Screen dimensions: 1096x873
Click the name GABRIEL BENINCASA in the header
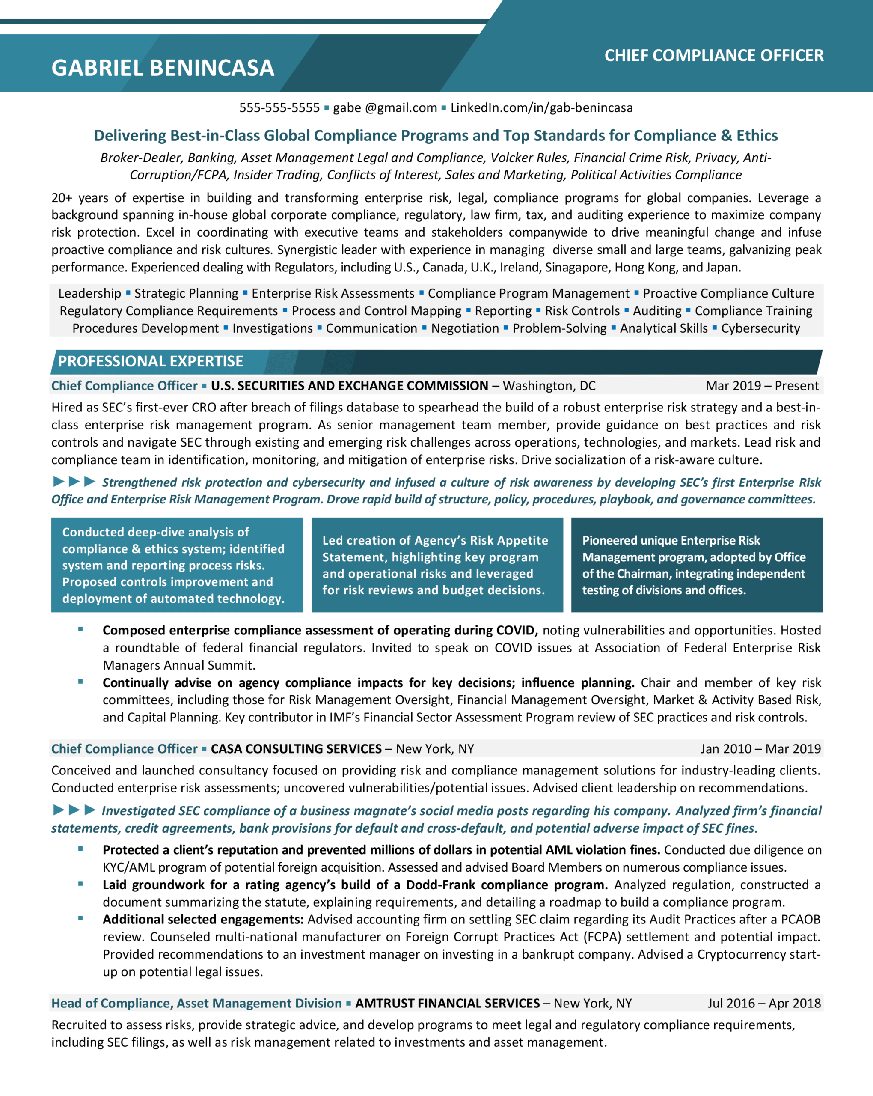point(163,68)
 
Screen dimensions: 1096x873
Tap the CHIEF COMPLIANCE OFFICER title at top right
point(713,55)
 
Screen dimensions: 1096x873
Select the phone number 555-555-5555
point(279,108)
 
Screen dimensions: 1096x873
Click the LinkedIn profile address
point(541,108)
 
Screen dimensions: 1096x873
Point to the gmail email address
point(385,108)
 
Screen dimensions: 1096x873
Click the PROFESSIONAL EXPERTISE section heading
point(150,361)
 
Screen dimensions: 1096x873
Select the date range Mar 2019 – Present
point(762,386)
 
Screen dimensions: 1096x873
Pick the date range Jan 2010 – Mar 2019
point(760,749)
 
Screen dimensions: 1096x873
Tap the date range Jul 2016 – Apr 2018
point(764,1003)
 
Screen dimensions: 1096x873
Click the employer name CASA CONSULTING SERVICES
point(296,749)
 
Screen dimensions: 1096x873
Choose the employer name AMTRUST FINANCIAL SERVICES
point(447,1003)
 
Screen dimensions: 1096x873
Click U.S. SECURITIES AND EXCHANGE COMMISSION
point(349,386)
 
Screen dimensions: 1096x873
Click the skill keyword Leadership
point(89,293)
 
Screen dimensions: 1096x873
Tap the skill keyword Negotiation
point(464,328)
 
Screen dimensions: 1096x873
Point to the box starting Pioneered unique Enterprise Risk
point(697,565)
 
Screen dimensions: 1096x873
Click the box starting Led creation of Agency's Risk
point(437,565)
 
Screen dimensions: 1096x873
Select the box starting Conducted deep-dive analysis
point(177,565)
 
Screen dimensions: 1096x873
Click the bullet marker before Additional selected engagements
point(80,919)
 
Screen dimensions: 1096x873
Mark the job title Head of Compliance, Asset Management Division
point(196,1003)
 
